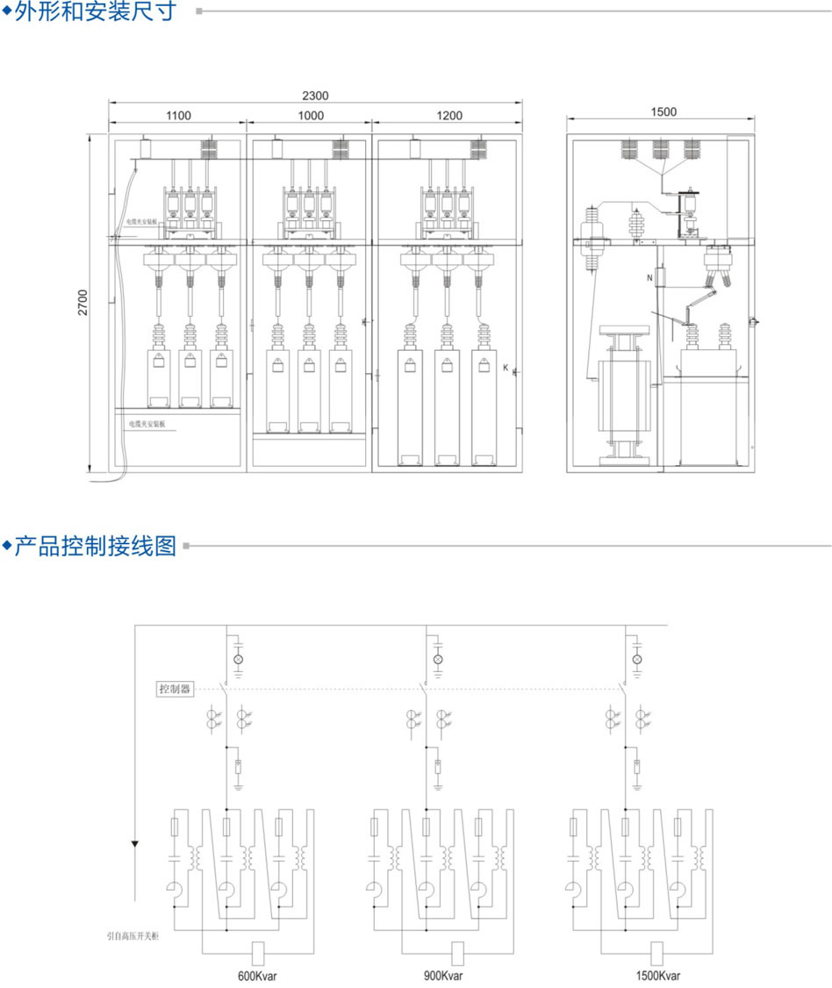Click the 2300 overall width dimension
(x=315, y=96)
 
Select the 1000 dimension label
(x=311, y=115)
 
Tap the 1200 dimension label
(x=448, y=115)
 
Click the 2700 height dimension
(x=82, y=304)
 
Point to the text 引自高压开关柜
(x=133, y=937)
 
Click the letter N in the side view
(x=649, y=278)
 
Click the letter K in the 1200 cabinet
(x=506, y=369)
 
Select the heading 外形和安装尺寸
(x=96, y=11)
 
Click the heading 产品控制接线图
(x=96, y=547)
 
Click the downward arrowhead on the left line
(x=135, y=845)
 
